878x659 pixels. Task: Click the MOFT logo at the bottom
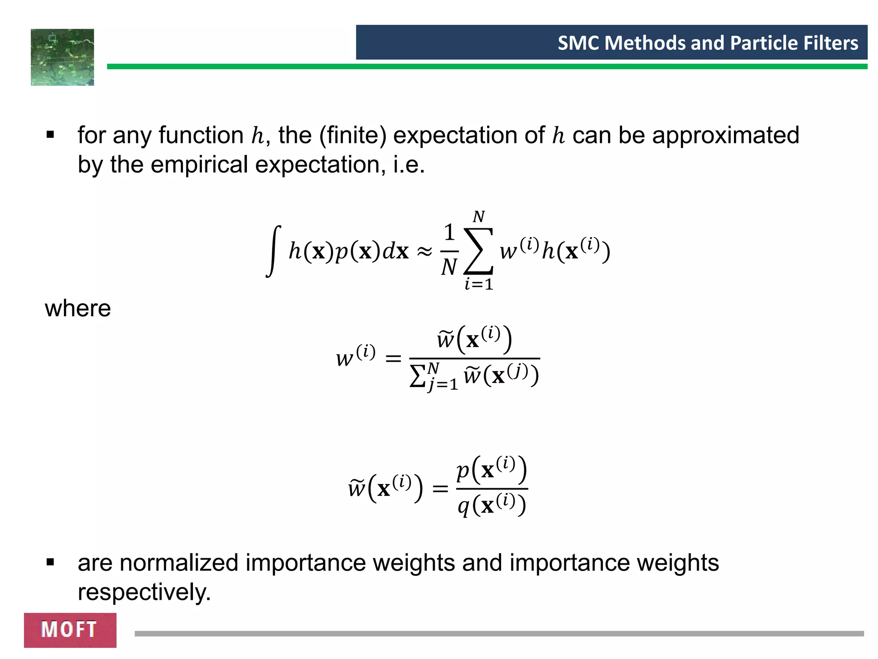tap(70, 630)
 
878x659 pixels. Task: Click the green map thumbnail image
tap(63, 57)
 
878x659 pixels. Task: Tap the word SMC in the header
tap(579, 43)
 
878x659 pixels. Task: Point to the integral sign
tap(274, 251)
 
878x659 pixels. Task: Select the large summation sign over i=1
tap(478, 251)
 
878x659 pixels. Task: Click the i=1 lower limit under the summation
tap(479, 284)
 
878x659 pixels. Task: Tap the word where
tap(78, 308)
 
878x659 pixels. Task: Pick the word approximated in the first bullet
tap(725, 135)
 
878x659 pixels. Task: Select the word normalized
tap(178, 562)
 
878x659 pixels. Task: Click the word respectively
tap(144, 592)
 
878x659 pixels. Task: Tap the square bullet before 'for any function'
tap(51, 136)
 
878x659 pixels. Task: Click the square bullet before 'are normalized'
tap(51, 562)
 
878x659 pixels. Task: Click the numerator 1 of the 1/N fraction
tap(449, 233)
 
